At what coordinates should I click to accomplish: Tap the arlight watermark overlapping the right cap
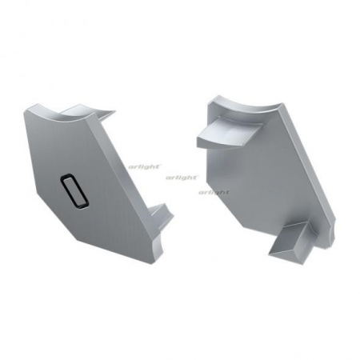214,193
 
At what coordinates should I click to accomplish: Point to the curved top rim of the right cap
240,105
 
